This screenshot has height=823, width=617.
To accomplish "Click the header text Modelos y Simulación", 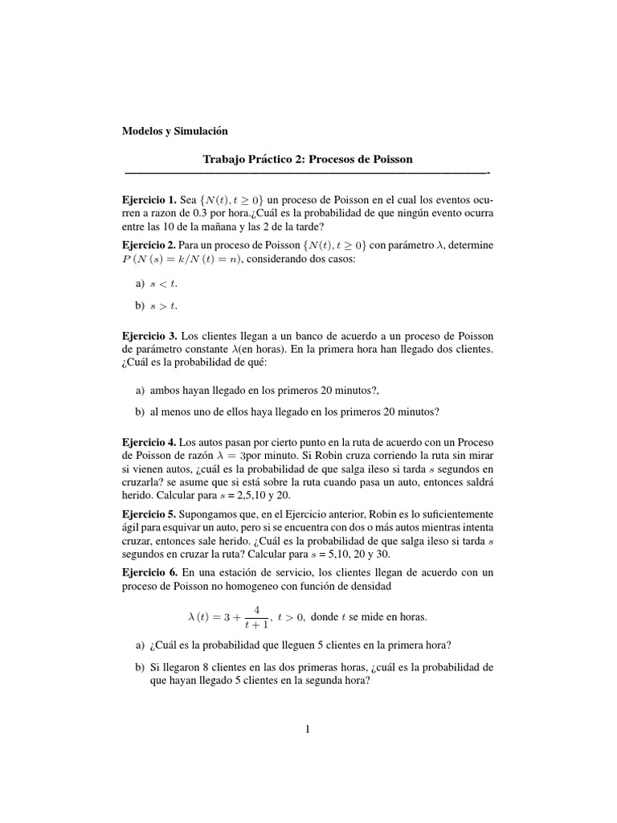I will click(174, 130).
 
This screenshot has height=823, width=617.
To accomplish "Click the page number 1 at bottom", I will click(308, 729).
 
